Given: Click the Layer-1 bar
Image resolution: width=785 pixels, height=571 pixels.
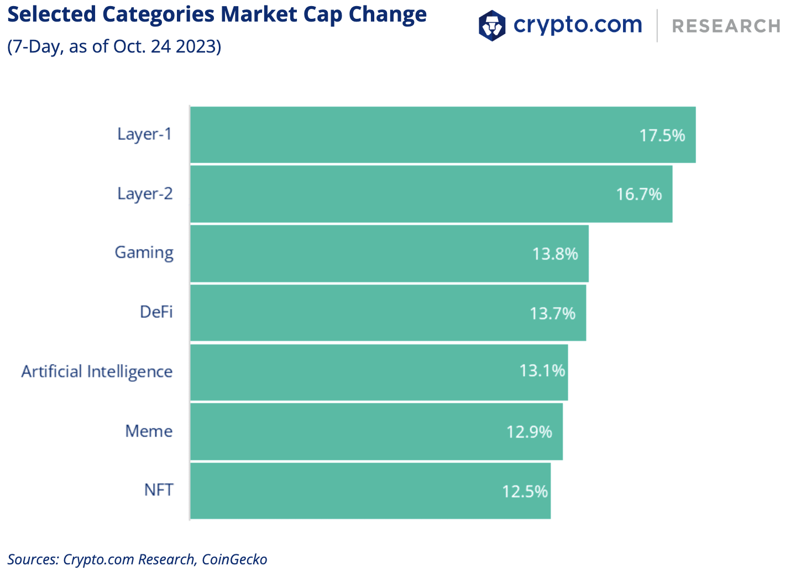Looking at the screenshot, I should [442, 135].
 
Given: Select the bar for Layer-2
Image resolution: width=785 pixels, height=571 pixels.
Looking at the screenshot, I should [431, 194].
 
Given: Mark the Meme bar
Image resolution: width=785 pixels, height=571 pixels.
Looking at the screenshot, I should [376, 432].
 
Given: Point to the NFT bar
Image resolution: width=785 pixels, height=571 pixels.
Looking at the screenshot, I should [370, 491].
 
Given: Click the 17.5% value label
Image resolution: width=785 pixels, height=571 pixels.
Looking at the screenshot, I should [662, 136].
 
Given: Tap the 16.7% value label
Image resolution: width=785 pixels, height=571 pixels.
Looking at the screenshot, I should [639, 194].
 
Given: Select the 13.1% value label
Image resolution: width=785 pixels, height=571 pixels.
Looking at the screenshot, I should [542, 371].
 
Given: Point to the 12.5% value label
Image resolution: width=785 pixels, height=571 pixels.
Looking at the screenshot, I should [525, 491].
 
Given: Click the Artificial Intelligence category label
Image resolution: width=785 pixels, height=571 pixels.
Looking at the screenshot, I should [97, 371].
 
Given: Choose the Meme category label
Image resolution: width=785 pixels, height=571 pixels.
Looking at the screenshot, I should [149, 431].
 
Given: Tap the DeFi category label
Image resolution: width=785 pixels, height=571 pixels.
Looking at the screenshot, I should [156, 312].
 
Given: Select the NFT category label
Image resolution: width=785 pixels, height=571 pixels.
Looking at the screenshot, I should [159, 490].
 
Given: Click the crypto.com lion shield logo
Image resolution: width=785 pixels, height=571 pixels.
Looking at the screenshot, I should [491, 25].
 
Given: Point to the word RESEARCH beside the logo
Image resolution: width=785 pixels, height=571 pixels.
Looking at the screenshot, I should [726, 26].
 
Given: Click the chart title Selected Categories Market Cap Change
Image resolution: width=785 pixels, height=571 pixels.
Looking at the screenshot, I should [217, 14].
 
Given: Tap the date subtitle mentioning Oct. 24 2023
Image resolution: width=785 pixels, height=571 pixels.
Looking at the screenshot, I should [114, 46].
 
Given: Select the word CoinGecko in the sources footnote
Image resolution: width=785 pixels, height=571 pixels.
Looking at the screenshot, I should [234, 559].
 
